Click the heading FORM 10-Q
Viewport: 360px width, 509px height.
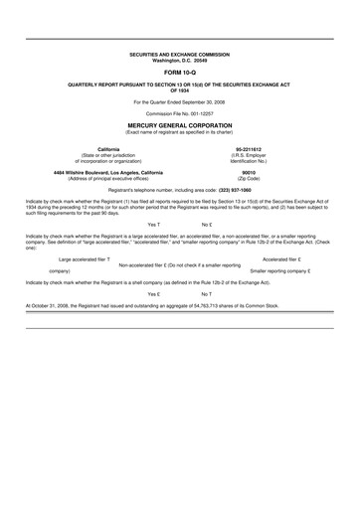180,74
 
